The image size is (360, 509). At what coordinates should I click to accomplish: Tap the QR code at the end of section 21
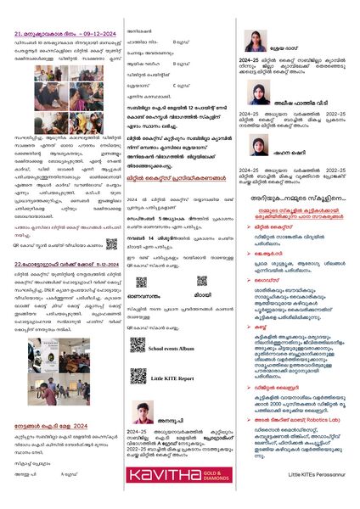(111, 243)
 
